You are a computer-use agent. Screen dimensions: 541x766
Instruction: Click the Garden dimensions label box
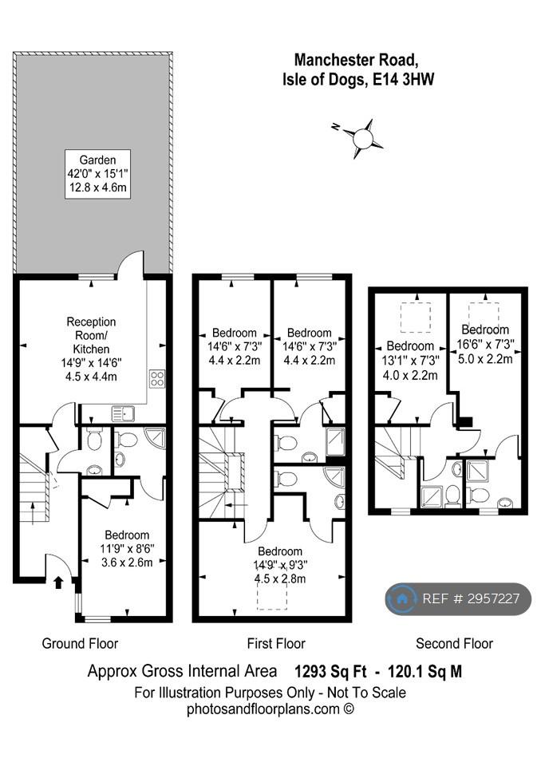tap(97, 174)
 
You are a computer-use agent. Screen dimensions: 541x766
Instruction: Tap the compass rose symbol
tap(362, 137)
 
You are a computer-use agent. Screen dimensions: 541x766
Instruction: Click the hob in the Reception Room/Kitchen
tap(157, 378)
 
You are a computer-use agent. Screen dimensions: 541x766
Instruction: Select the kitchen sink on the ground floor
tap(123, 415)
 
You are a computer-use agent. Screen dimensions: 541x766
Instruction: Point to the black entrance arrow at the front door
tap(58, 582)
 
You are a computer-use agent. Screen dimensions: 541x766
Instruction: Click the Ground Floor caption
tap(80, 643)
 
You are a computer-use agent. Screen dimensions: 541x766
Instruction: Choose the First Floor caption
tap(276, 643)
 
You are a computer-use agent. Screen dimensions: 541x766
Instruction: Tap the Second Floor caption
tap(455, 643)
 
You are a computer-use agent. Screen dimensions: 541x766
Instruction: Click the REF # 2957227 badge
tap(458, 598)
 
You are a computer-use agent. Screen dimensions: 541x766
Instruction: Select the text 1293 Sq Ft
tap(330, 671)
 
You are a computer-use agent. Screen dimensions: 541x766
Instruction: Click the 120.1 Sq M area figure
tap(425, 671)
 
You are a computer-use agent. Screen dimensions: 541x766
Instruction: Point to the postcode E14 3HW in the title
tap(404, 79)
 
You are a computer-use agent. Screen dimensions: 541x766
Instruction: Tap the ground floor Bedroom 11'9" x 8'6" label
tap(127, 549)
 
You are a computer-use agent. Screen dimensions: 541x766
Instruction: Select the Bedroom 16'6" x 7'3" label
tap(485, 344)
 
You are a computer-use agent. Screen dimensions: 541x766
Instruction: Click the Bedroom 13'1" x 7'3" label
tap(410, 361)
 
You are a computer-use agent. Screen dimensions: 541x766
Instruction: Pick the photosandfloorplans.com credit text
tap(270, 709)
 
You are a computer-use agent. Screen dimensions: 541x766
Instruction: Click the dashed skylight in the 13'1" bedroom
tap(416, 318)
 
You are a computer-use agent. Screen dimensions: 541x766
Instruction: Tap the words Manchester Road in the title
tap(356, 60)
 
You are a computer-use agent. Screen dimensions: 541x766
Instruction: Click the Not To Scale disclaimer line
tap(270, 693)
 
